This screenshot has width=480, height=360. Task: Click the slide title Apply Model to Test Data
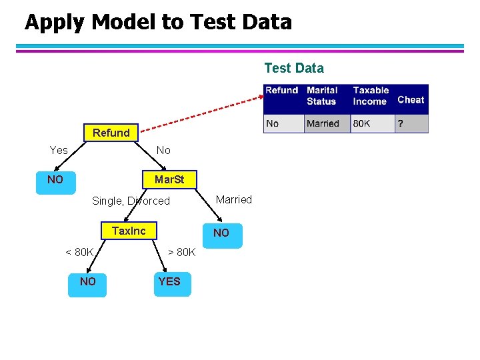pyautogui.click(x=158, y=22)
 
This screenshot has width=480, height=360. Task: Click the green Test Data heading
pyautogui.click(x=294, y=68)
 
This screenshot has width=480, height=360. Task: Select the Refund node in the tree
pyautogui.click(x=111, y=133)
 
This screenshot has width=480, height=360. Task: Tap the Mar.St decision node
pyautogui.click(x=169, y=180)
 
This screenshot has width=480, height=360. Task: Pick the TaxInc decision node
pyautogui.click(x=129, y=231)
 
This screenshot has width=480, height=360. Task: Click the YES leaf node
pyautogui.click(x=169, y=281)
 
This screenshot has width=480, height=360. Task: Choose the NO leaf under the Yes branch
pyautogui.click(x=55, y=180)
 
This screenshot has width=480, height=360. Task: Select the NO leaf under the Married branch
pyautogui.click(x=221, y=233)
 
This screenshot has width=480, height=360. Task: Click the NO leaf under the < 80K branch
pyautogui.click(x=87, y=281)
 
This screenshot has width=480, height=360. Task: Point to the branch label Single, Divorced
pyautogui.click(x=131, y=201)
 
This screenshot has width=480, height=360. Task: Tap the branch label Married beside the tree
pyautogui.click(x=234, y=199)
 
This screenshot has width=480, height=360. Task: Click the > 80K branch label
pyautogui.click(x=181, y=252)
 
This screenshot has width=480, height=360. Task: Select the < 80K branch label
pyautogui.click(x=79, y=252)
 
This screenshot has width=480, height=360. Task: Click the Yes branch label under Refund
pyautogui.click(x=59, y=150)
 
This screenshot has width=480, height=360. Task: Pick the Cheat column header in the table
pyautogui.click(x=411, y=99)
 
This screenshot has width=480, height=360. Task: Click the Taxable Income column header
pyautogui.click(x=371, y=95)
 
